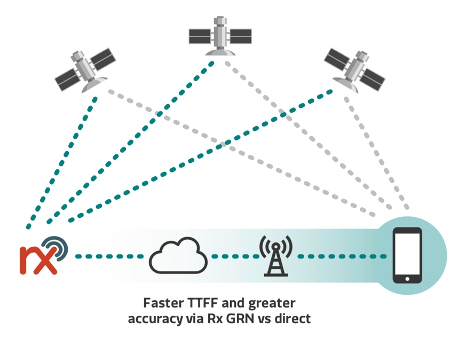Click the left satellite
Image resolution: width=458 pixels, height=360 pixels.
[x=85, y=70]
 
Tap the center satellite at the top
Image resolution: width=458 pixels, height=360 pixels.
[x=219, y=36]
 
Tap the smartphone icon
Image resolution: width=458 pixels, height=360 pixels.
[x=407, y=255]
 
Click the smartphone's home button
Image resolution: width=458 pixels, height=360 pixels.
[x=407, y=278]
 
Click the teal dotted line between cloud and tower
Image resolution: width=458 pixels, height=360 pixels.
[x=234, y=256]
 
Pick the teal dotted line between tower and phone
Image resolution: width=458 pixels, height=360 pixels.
[x=342, y=256]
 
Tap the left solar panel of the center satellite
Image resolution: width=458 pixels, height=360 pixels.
[x=201, y=36]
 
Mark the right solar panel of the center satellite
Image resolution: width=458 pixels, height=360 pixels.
[x=240, y=36]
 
